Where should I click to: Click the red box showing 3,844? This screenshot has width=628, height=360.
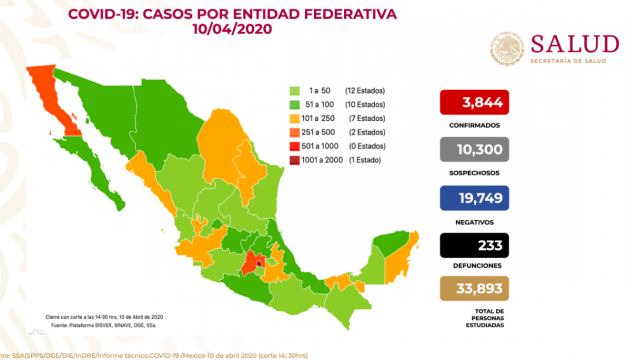[x=474, y=102]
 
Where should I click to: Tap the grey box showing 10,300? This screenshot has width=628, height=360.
[x=474, y=149]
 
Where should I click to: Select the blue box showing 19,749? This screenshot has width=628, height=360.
[x=474, y=198]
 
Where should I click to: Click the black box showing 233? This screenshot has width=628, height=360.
[x=474, y=245]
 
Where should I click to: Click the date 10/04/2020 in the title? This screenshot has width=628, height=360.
[x=232, y=29]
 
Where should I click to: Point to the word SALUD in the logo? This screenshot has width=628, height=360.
[x=574, y=44]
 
